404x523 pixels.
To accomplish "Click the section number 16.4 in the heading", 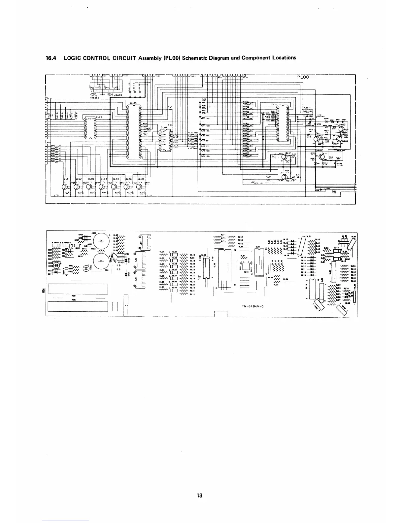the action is pyautogui.click(x=51, y=58).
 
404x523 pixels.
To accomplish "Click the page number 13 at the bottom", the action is pyautogui.click(x=199, y=495).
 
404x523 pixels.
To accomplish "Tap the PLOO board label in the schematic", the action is pyautogui.click(x=303, y=77).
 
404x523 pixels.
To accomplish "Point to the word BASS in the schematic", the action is pyautogui.click(x=119, y=95).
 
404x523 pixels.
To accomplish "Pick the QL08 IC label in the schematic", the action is pyautogui.click(x=99, y=116).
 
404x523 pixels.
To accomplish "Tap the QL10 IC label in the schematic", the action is pyautogui.click(x=164, y=127).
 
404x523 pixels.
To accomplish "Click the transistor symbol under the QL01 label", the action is pyautogui.click(x=65, y=186).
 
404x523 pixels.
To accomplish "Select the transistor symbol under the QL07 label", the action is pyautogui.click(x=139, y=186).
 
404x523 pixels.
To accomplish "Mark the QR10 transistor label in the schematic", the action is pyautogui.click(x=319, y=151).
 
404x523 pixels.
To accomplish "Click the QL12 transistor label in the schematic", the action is pyautogui.click(x=288, y=153).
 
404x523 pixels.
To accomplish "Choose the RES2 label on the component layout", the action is pyautogui.click(x=74, y=300).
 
